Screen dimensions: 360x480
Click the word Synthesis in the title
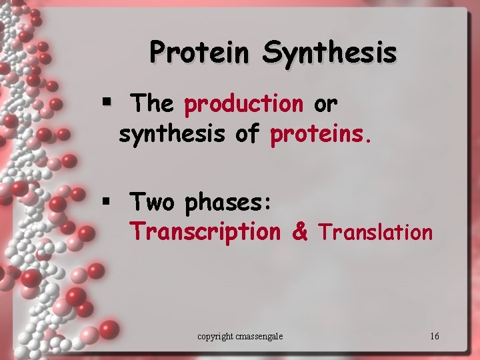[330, 51]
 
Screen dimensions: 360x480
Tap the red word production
[244, 104]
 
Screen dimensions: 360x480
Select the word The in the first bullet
[153, 104]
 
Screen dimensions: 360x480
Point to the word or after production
[325, 105]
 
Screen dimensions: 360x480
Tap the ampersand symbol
[300, 232]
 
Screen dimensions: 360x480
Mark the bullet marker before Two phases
[105, 200]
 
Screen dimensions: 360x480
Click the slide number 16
[435, 336]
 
